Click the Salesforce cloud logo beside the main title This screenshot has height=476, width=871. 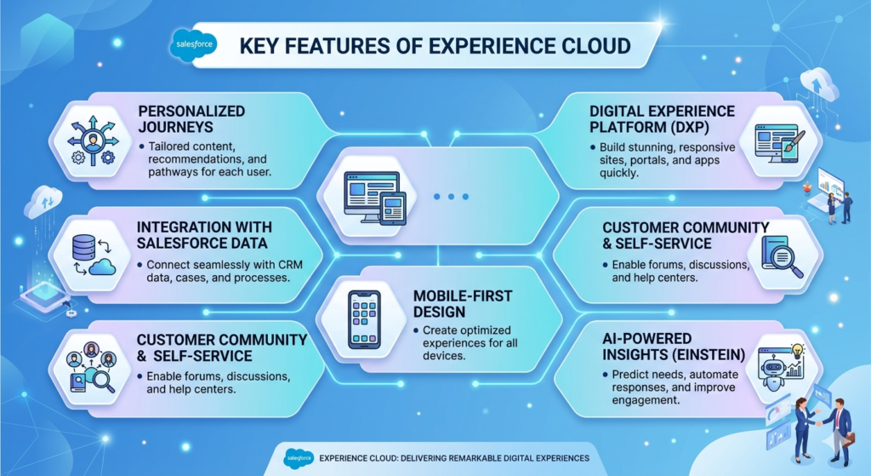coord(194,44)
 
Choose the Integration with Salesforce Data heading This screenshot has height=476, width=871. coord(204,234)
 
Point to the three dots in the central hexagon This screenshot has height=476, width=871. coord(451,197)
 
